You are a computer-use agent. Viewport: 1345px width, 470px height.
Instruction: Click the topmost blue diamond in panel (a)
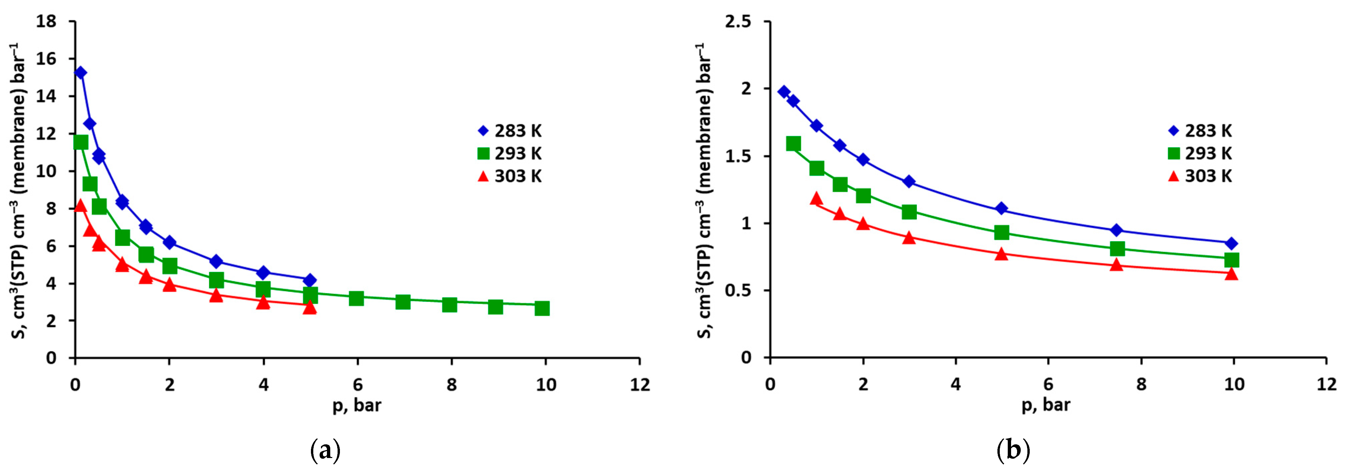pyautogui.click(x=81, y=73)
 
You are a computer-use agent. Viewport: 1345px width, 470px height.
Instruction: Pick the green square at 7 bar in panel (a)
pyautogui.click(x=403, y=301)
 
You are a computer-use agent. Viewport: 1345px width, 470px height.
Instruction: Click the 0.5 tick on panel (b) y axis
pyautogui.click(x=738, y=291)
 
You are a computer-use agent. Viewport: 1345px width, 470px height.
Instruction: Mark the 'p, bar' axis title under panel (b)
pyautogui.click(x=1046, y=405)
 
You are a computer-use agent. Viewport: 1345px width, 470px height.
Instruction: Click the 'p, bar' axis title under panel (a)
pyautogui.click(x=357, y=405)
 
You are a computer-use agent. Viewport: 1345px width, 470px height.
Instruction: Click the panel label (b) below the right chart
pyautogui.click(x=1013, y=450)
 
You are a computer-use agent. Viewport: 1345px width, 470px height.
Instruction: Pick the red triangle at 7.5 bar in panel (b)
pyautogui.click(x=1116, y=265)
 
